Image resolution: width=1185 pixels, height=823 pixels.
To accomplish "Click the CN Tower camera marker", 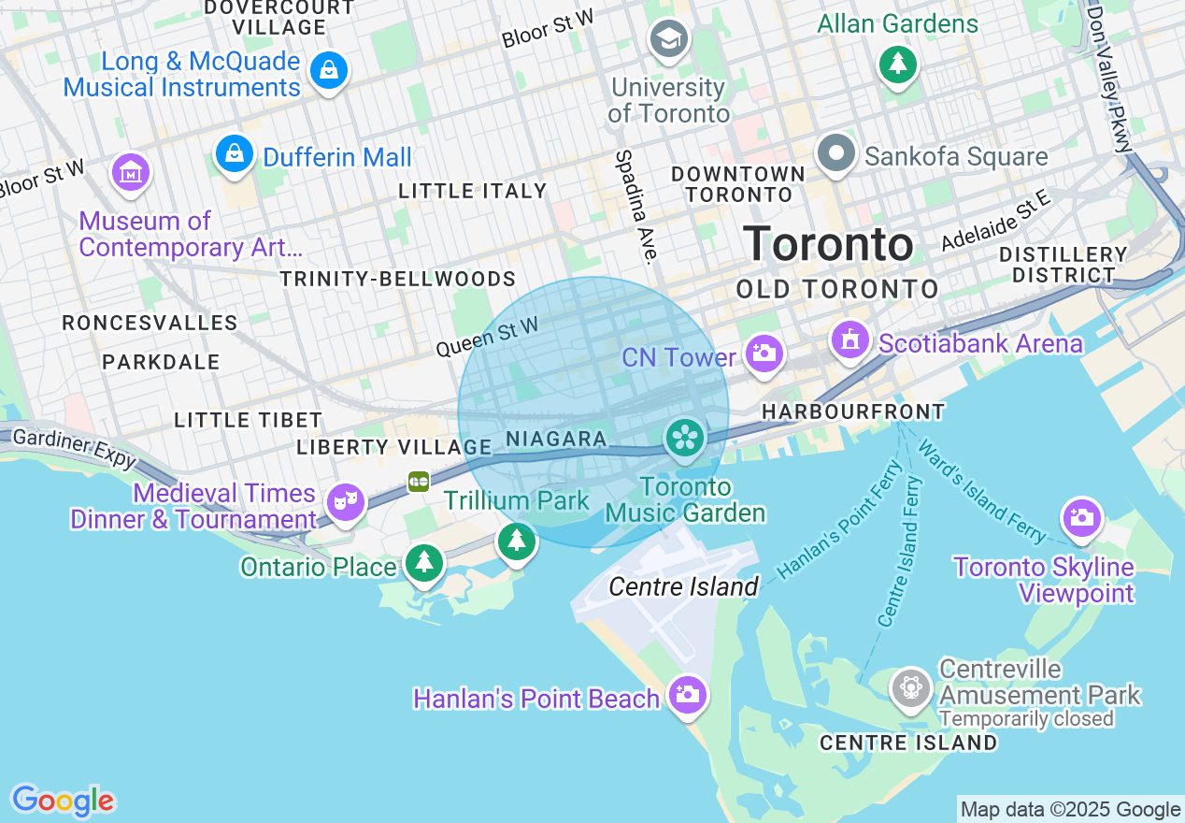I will coord(764,354).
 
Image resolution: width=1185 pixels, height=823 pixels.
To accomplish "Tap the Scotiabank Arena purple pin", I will coord(849,339).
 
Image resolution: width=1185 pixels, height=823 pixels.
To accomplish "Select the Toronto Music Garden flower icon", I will coord(685,438).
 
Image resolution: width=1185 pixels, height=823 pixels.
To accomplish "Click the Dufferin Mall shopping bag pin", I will coord(234,152).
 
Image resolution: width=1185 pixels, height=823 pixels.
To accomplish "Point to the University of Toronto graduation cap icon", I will coord(670,39).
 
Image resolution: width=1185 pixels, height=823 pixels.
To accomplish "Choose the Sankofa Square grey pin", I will coord(836,152).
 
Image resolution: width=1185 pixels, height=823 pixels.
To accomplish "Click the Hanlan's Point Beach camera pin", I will coord(688,695).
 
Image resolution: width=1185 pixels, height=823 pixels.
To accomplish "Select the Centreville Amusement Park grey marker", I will coord(910,688).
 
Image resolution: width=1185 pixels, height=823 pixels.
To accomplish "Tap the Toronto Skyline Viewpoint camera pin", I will coord(1081,517).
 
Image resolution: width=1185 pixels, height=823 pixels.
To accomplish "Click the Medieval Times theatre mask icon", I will coord(346,503).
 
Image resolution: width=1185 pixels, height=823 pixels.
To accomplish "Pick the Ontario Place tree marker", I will coord(425,562).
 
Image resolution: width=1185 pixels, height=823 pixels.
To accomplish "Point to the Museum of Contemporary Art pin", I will coord(131,172).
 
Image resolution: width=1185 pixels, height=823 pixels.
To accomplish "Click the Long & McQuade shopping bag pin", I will coord(328,69).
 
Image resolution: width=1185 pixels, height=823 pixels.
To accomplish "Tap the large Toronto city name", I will coord(828,244).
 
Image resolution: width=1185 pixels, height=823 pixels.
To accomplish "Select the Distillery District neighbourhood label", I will coord(1063,265).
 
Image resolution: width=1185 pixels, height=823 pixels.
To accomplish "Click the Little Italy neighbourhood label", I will coord(472,191).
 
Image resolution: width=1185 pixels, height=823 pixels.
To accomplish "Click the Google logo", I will coord(63,801).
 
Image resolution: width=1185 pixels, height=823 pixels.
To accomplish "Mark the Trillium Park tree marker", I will coord(516,541).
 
